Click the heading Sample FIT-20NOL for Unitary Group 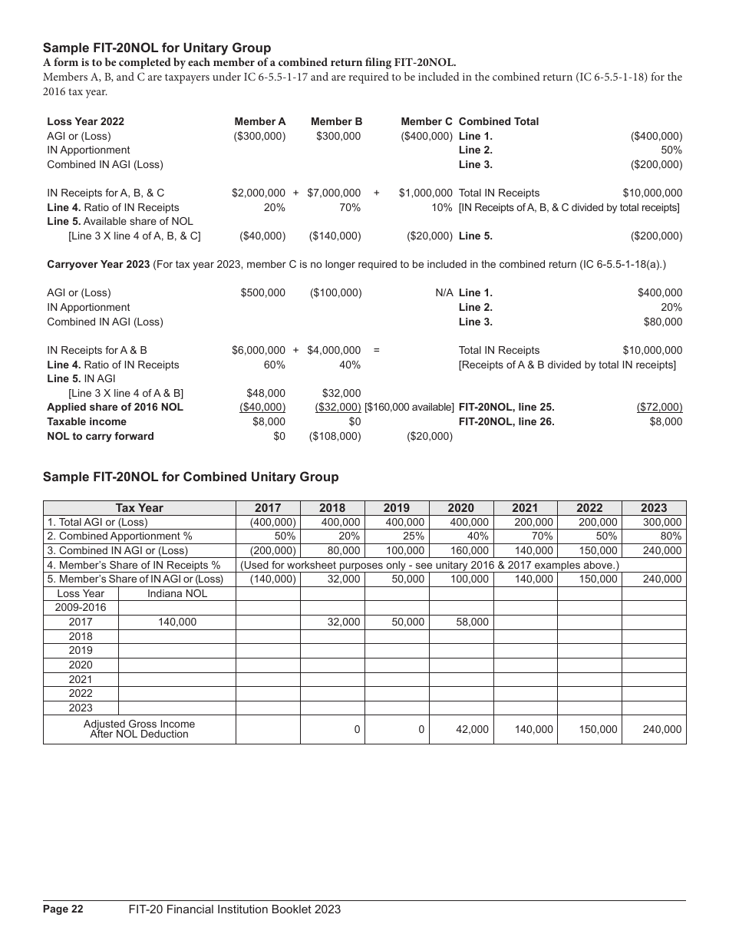[157, 48]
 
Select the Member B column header [336, 121]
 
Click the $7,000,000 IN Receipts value [334, 193]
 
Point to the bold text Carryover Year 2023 [98, 265]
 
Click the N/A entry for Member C [443, 293]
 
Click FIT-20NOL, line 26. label [506, 422]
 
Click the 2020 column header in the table [460, 508]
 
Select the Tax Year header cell [139, 508]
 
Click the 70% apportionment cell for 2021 [542, 536]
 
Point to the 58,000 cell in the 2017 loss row [472, 622]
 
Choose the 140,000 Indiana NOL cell [177, 622]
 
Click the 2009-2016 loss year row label [81, 608]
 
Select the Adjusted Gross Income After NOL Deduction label [139, 729]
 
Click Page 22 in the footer [63, 909]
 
